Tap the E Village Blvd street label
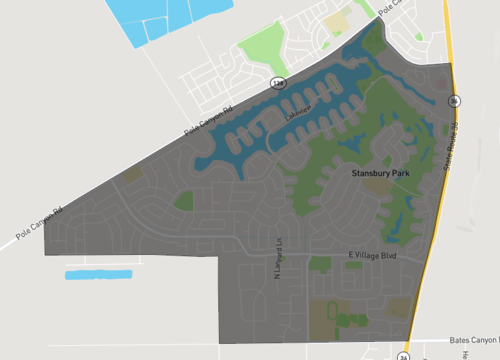point(366,257)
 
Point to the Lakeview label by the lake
point(297,118)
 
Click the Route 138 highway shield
point(276,82)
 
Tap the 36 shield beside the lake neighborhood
point(455,101)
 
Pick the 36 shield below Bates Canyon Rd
point(404,355)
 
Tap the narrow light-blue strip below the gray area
point(98,274)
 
